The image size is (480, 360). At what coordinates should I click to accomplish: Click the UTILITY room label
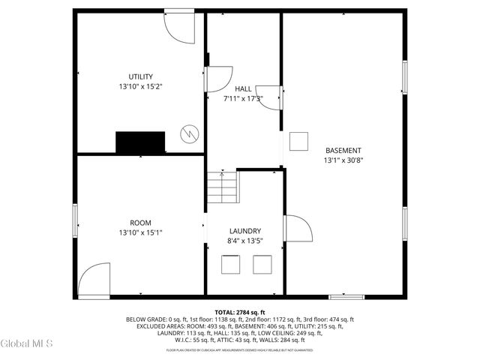(140, 76)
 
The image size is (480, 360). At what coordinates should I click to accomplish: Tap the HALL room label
(243, 89)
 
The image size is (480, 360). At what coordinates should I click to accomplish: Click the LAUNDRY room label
(245, 231)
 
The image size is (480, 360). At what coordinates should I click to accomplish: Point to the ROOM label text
(140, 223)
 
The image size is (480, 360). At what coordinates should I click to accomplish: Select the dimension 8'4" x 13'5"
(245, 241)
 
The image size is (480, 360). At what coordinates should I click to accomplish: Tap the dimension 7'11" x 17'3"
(243, 98)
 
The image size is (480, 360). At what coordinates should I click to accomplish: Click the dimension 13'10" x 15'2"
(140, 86)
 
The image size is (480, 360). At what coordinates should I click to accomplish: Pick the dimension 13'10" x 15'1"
(140, 232)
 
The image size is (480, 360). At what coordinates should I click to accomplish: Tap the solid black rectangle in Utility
(140, 142)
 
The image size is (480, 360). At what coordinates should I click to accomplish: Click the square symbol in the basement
(298, 140)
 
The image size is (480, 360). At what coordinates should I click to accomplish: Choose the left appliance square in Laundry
(229, 265)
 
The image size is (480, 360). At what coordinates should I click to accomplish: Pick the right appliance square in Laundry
(262, 265)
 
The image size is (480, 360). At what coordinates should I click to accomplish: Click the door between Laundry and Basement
(297, 229)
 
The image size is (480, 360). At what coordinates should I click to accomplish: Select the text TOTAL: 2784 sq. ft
(240, 312)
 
